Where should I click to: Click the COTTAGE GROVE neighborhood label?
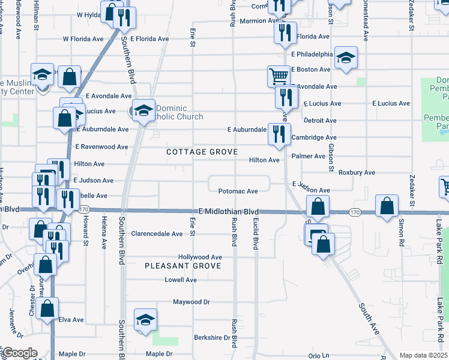(x=202, y=152)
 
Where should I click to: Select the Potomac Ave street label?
(x=238, y=191)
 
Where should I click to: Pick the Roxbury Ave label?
(x=357, y=173)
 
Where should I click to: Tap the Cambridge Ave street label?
(x=313, y=137)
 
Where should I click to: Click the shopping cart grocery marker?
(x=279, y=77)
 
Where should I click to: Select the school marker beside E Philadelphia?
(x=346, y=58)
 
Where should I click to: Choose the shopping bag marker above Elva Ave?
(x=47, y=309)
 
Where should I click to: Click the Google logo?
(x=20, y=353)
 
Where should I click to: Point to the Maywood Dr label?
(x=191, y=302)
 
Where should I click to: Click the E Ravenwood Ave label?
(x=101, y=146)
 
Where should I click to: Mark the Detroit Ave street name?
(x=320, y=121)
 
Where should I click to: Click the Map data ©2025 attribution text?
(x=423, y=355)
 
